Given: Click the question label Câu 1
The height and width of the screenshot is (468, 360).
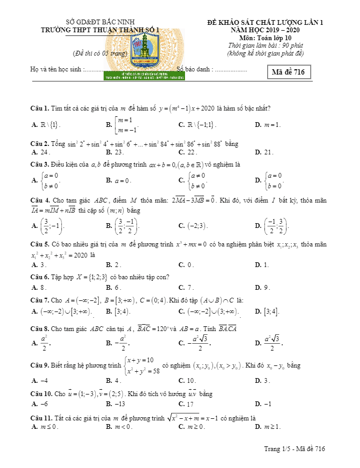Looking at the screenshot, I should pos(40,108).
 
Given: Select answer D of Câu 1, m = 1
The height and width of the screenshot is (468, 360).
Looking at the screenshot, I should pos(271,125).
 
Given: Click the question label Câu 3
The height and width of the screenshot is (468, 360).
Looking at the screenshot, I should pos(40,165).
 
